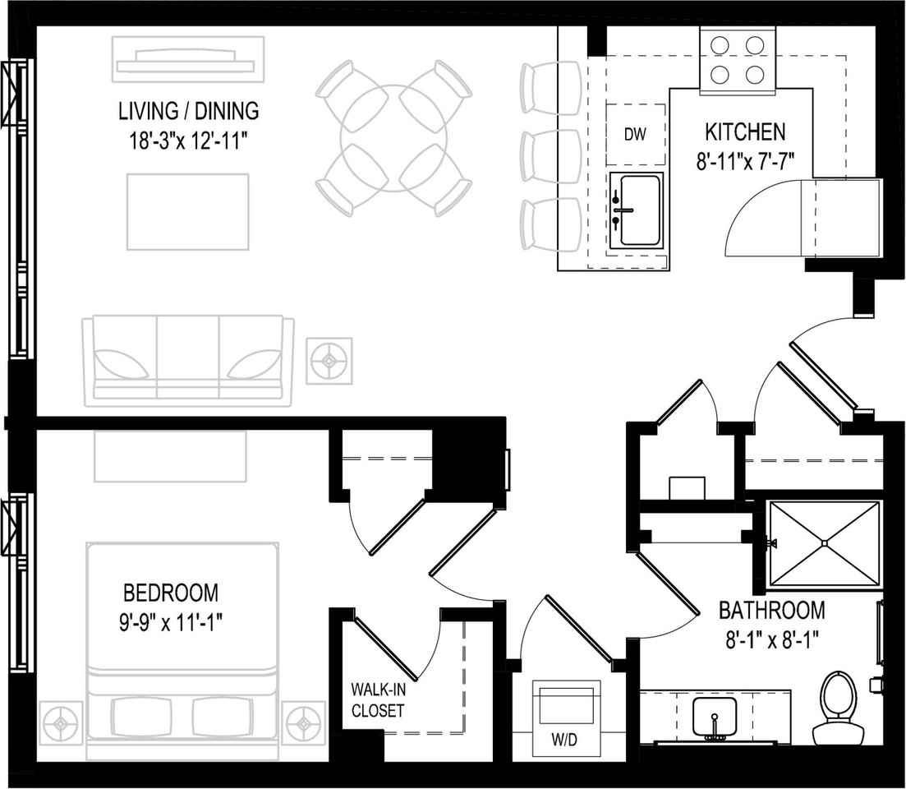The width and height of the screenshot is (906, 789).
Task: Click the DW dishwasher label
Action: [x=635, y=135]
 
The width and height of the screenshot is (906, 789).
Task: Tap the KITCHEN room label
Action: [x=745, y=131]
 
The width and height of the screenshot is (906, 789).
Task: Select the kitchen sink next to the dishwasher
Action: [x=637, y=210]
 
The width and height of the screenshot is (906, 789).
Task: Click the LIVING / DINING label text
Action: [x=189, y=110]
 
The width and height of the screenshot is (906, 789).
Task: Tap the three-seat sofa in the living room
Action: [x=188, y=360]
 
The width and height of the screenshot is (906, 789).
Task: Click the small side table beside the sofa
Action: [x=329, y=360]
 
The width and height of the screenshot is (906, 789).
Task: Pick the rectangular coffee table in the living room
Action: [x=188, y=211]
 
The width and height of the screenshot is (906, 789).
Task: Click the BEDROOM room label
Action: [x=171, y=592]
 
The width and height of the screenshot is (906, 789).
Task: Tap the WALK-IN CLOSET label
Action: [x=378, y=699]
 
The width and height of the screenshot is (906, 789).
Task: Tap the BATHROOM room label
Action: [x=771, y=611]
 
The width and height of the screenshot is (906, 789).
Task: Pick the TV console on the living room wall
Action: [x=189, y=62]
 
